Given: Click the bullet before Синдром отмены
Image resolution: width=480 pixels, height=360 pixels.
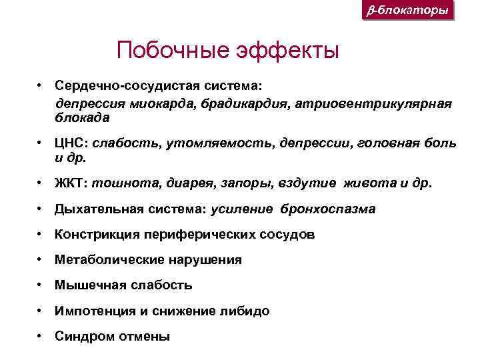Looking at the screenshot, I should [x=41, y=336].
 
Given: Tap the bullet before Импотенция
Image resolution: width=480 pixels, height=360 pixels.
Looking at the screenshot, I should [x=41, y=311].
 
